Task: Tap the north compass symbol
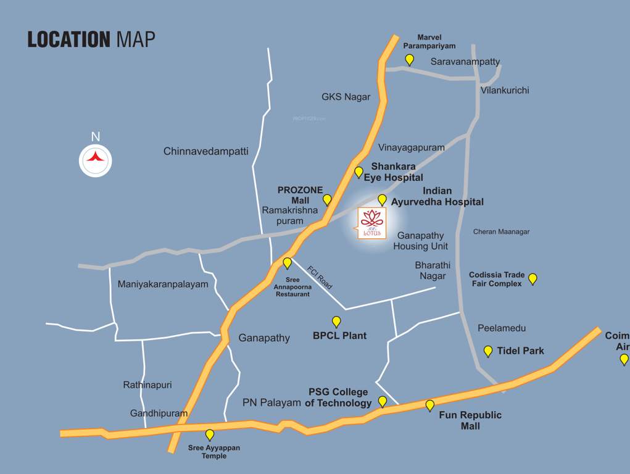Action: [96, 159]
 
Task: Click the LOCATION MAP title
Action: [91, 39]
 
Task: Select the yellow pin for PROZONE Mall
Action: [327, 199]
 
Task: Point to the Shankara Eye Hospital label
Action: [397, 172]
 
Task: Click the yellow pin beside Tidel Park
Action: [488, 351]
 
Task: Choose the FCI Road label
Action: [320, 277]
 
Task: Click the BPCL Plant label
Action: [339, 336]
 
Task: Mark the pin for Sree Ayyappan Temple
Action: [210, 434]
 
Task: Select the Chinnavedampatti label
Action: [206, 151]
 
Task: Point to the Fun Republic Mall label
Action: [470, 420]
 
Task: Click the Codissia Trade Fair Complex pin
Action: [533, 279]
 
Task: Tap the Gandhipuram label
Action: [159, 414]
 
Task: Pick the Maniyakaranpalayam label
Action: [163, 285]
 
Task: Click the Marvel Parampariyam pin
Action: [409, 59]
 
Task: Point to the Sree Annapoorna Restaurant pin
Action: [287, 264]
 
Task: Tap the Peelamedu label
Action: [502, 328]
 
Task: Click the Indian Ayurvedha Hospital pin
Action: [382, 199]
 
